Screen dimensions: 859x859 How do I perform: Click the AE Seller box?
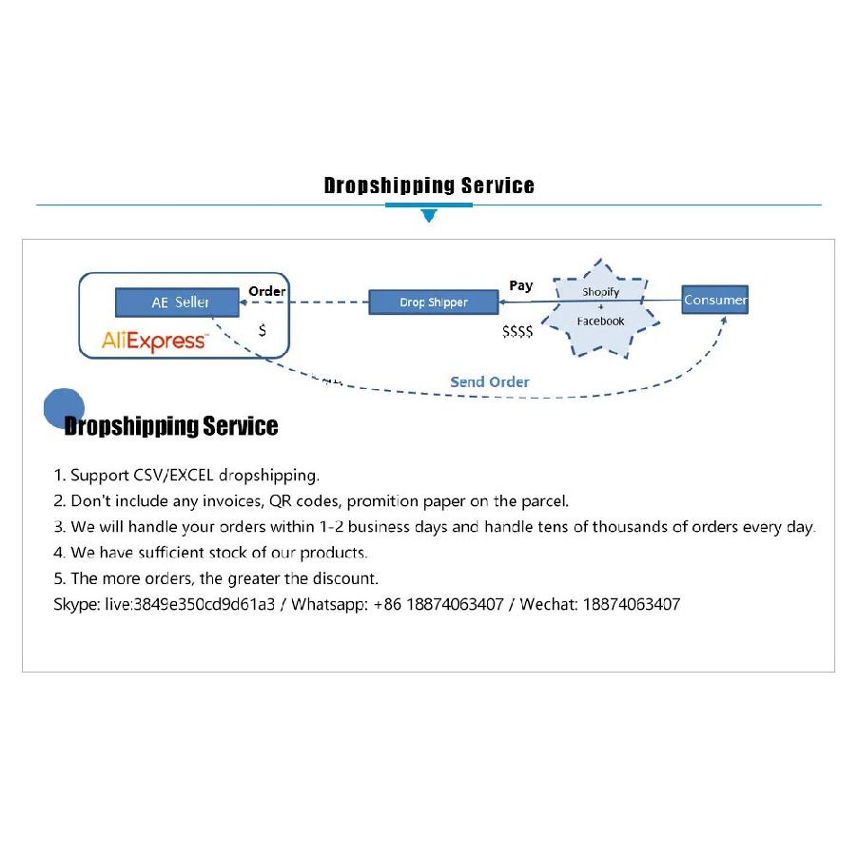click(177, 302)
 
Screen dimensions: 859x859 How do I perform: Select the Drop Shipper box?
click(434, 302)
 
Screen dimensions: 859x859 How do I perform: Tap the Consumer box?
click(715, 300)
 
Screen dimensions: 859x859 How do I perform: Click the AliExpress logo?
click(154, 342)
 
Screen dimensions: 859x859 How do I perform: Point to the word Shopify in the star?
click(600, 292)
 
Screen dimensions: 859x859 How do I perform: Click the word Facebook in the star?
click(600, 321)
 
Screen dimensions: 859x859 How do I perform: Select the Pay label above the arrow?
click(520, 285)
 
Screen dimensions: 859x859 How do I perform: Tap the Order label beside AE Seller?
click(266, 291)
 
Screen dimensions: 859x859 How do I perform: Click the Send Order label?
click(490, 381)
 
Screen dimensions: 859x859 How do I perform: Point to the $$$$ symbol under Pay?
click(517, 331)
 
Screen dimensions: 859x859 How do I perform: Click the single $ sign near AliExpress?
click(263, 330)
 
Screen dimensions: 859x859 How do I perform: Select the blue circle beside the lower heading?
click(64, 408)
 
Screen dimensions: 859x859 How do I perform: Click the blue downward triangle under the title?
click(429, 215)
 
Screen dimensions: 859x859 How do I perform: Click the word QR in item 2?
click(280, 501)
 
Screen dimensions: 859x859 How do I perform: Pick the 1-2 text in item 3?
click(331, 527)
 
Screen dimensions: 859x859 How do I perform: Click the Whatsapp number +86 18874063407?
click(439, 604)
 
